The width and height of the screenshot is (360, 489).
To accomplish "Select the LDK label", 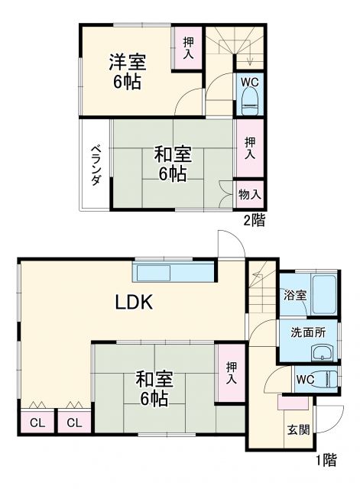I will pyautogui.click(x=135, y=302).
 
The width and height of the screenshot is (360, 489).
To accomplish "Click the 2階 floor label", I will pyautogui.click(x=255, y=221).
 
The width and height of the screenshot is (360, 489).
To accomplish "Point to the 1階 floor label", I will pyautogui.click(x=325, y=460).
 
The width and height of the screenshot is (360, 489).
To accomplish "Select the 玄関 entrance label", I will pyautogui.click(x=298, y=429).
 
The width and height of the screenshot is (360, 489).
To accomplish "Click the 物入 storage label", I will pyautogui.click(x=249, y=195).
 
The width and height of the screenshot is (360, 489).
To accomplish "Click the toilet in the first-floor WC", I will pyautogui.click(x=325, y=379).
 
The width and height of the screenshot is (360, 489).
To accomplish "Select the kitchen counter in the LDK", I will pyautogui.click(x=174, y=272).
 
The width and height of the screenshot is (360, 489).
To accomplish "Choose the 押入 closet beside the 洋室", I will pyautogui.click(x=186, y=50).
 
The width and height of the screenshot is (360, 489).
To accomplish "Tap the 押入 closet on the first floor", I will pyautogui.click(x=230, y=373).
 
